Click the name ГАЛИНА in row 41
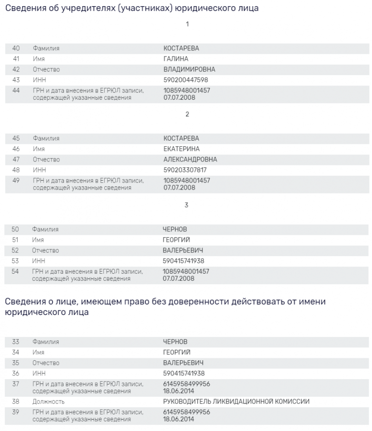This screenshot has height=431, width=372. (x=176, y=59)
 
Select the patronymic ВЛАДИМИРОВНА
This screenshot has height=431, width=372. (x=189, y=69)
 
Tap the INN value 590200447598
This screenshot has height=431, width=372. (x=186, y=80)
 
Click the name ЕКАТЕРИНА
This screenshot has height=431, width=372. (x=181, y=149)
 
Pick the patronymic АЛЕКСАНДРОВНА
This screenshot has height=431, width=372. (x=190, y=159)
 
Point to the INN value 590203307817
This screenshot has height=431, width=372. (x=185, y=170)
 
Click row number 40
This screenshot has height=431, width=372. (x=16, y=48)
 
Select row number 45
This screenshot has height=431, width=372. (x=16, y=138)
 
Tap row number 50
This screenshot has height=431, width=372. (x=16, y=230)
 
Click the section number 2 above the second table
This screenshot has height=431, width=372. (x=187, y=115)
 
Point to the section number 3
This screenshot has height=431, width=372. (x=186, y=205)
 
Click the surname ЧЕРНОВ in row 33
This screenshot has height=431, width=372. (x=175, y=342)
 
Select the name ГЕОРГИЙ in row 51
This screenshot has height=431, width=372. (x=176, y=240)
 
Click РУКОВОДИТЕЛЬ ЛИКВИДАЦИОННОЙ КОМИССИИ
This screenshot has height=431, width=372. (x=236, y=402)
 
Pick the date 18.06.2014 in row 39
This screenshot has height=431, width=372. (x=179, y=419)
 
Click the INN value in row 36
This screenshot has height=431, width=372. (x=184, y=374)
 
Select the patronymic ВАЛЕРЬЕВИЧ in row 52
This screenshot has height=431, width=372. (x=183, y=250)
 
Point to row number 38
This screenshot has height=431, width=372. (x=16, y=402)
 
